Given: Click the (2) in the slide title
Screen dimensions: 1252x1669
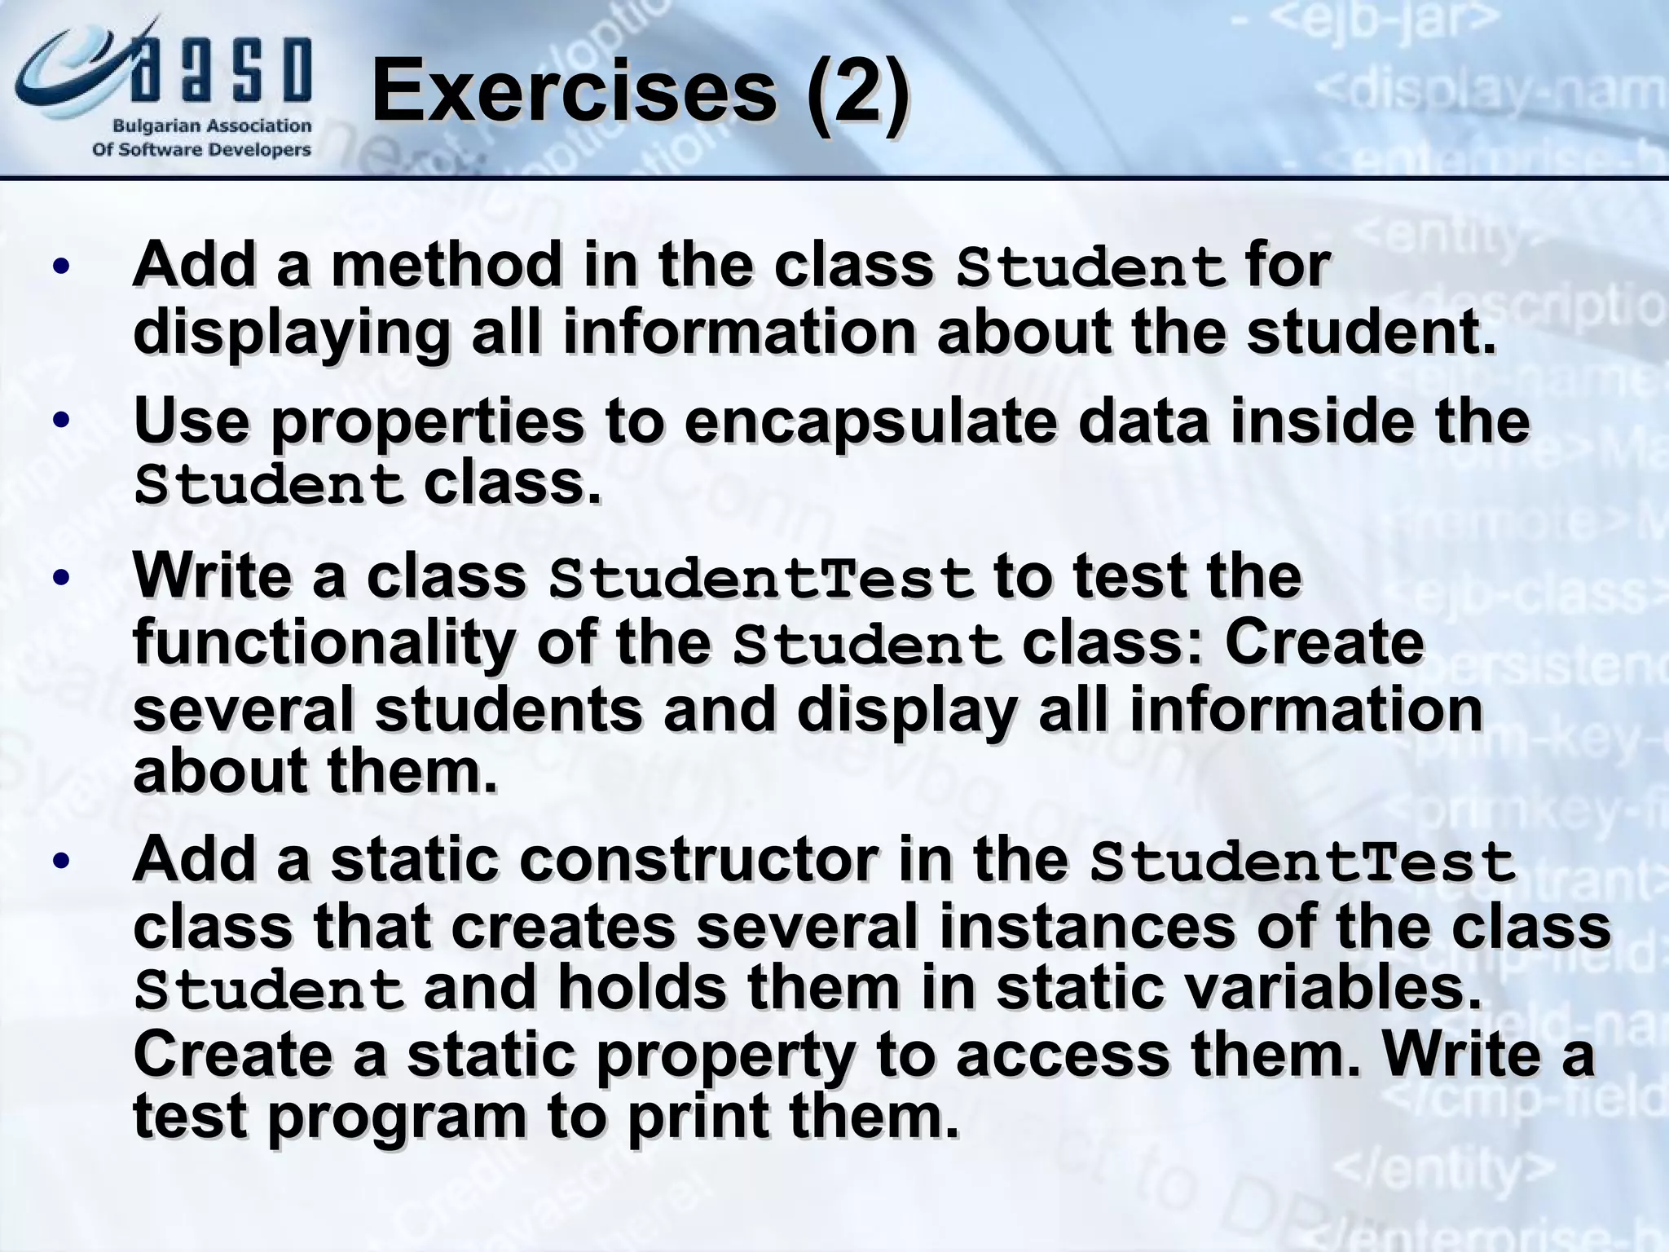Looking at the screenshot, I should (857, 91).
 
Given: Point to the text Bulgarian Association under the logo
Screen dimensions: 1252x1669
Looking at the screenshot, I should (211, 126).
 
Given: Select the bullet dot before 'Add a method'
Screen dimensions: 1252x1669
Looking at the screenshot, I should (61, 267).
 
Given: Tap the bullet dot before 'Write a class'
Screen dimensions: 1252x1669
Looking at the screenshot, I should (61, 577).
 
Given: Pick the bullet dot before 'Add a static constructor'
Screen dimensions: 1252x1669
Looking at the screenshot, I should (61, 861).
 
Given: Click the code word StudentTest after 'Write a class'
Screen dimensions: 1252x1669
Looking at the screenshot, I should (761, 578).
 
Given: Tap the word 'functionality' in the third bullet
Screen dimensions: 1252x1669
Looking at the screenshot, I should (324, 643).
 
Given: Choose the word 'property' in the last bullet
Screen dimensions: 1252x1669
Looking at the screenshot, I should (725, 1055).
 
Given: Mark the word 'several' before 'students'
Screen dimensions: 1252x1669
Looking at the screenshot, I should (243, 709).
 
